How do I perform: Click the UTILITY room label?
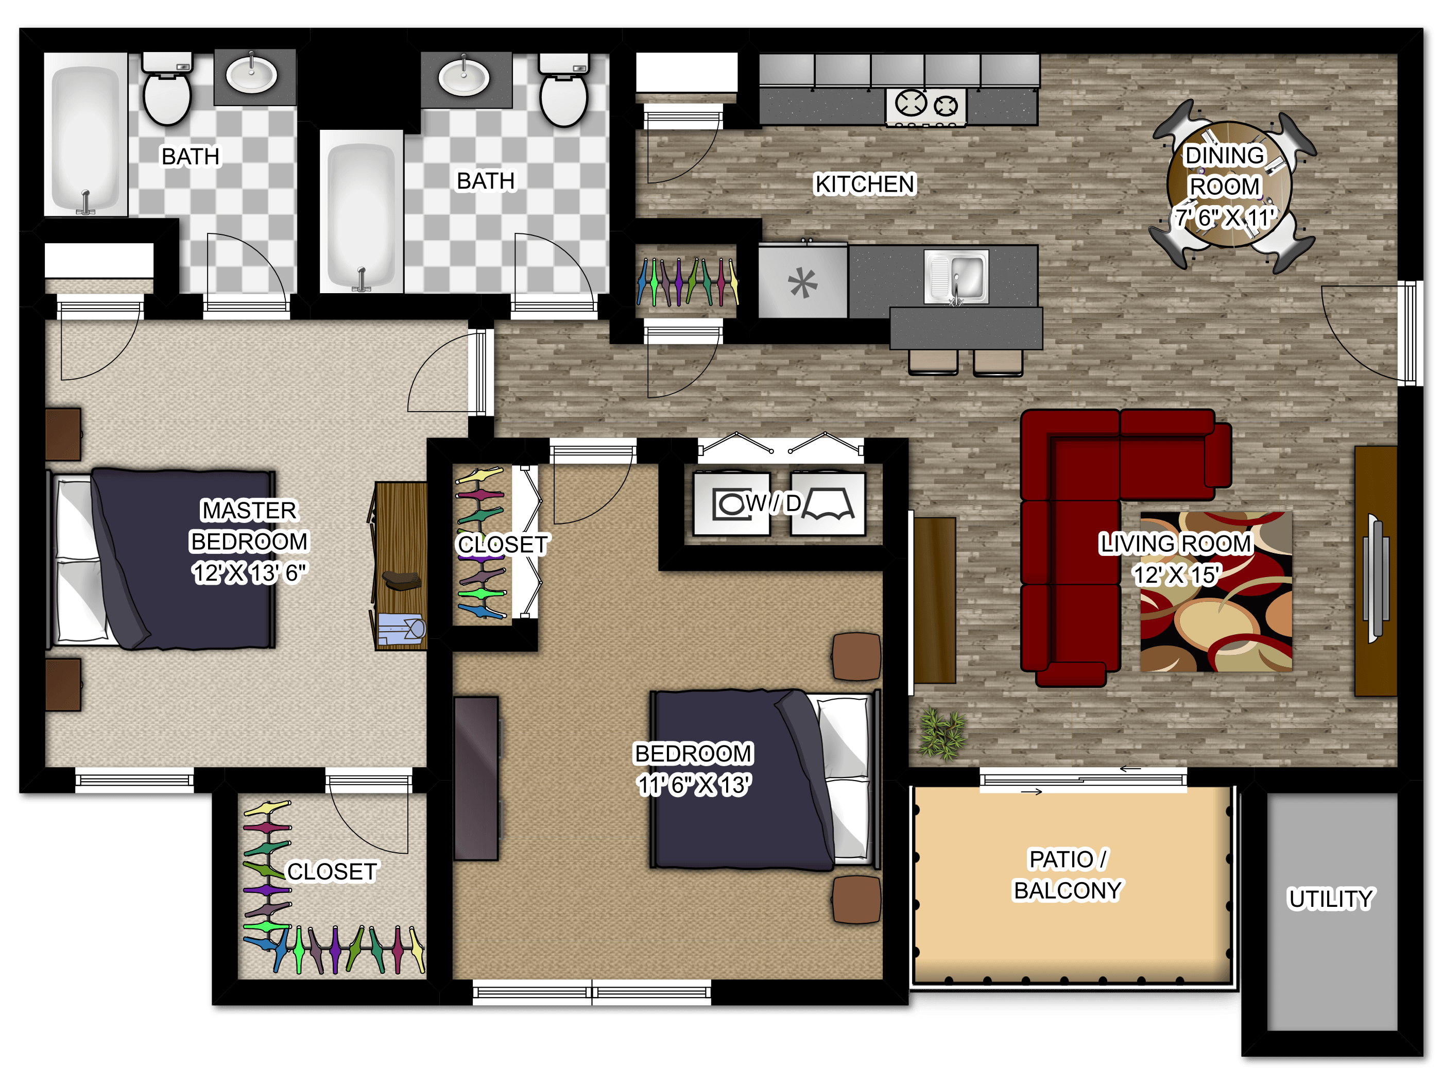1331,899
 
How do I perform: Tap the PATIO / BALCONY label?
1068,874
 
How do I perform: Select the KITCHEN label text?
865,184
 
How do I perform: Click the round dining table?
1228,184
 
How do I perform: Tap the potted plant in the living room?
942,734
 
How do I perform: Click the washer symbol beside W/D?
731,503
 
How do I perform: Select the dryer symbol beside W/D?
828,503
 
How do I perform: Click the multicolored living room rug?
1216,591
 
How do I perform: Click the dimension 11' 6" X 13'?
694,785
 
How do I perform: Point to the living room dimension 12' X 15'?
1177,575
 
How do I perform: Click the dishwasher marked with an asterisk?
802,282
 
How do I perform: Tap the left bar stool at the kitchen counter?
933,362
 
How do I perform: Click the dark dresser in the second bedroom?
476,778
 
